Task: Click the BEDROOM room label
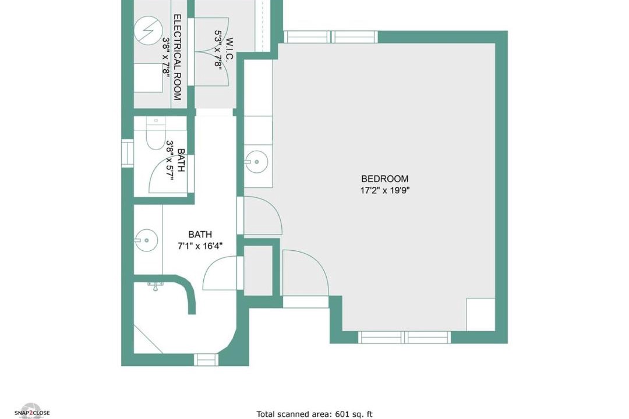pyautogui.click(x=384, y=179)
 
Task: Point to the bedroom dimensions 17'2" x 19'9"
pyautogui.click(x=384, y=190)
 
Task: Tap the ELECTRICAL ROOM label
pyautogui.click(x=177, y=58)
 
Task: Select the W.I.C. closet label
pyautogui.click(x=229, y=49)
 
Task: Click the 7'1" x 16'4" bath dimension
pyautogui.click(x=200, y=246)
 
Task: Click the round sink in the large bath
pyautogui.click(x=146, y=240)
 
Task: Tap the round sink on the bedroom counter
pyautogui.click(x=256, y=162)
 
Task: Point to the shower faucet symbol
pyautogui.click(x=156, y=286)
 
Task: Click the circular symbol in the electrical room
pyautogui.click(x=149, y=31)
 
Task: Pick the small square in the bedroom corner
pyautogui.click(x=480, y=314)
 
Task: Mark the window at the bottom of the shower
pyautogui.click(x=206, y=360)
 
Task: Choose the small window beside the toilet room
pyautogui.click(x=127, y=152)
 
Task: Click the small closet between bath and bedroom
pyautogui.click(x=259, y=271)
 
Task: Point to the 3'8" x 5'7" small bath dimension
pyautogui.click(x=170, y=160)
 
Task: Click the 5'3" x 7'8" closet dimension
pyautogui.click(x=218, y=50)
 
